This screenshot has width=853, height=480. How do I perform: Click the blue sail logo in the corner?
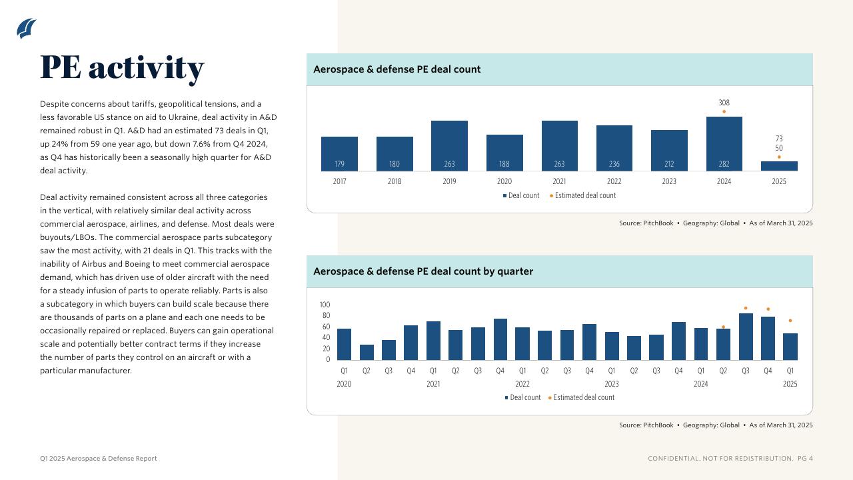click(27, 29)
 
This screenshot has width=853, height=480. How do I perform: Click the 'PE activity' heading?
click(122, 67)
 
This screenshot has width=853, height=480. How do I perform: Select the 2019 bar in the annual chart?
click(449, 146)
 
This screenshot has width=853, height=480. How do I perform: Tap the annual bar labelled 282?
click(724, 144)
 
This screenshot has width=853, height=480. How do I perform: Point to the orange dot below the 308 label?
click(724, 111)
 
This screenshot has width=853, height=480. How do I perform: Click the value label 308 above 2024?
click(724, 103)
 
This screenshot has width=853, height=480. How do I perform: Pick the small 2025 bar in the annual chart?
click(779, 166)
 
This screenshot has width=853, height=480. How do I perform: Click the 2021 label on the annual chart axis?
click(559, 181)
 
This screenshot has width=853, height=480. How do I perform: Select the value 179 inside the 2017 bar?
click(339, 164)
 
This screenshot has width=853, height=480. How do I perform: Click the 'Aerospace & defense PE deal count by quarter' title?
click(423, 271)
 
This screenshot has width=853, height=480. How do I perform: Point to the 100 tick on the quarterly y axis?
click(325, 305)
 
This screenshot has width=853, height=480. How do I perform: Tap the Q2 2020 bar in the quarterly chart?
click(367, 352)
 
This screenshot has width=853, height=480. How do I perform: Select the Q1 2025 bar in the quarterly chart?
click(790, 347)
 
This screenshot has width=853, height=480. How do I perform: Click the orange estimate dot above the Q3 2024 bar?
click(746, 308)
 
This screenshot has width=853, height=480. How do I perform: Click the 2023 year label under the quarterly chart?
click(611, 384)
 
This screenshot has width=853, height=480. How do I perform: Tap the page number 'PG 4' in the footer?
click(805, 459)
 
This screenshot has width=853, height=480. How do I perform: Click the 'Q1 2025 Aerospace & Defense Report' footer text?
click(99, 459)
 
